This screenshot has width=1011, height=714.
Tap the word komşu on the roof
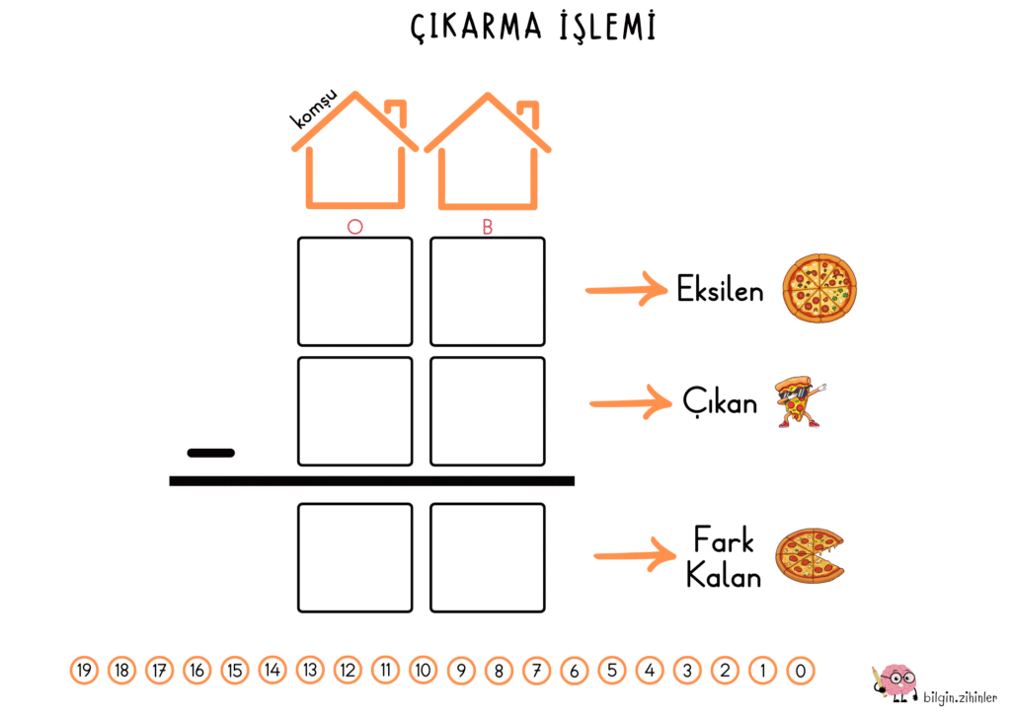(315, 108)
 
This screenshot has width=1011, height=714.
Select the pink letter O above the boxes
(355, 227)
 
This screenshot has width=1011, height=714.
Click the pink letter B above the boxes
(487, 227)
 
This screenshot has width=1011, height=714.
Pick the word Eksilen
(720, 291)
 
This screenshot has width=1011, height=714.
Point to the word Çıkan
(720, 401)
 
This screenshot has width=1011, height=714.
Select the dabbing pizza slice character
(800, 402)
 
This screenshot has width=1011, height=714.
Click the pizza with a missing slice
(810, 555)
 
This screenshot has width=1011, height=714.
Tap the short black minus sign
(211, 453)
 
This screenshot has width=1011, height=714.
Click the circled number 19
(85, 671)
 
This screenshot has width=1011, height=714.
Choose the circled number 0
(801, 671)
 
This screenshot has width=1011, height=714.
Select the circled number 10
(423, 671)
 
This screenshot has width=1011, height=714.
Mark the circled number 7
(536, 671)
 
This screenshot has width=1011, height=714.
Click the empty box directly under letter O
(354, 291)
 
